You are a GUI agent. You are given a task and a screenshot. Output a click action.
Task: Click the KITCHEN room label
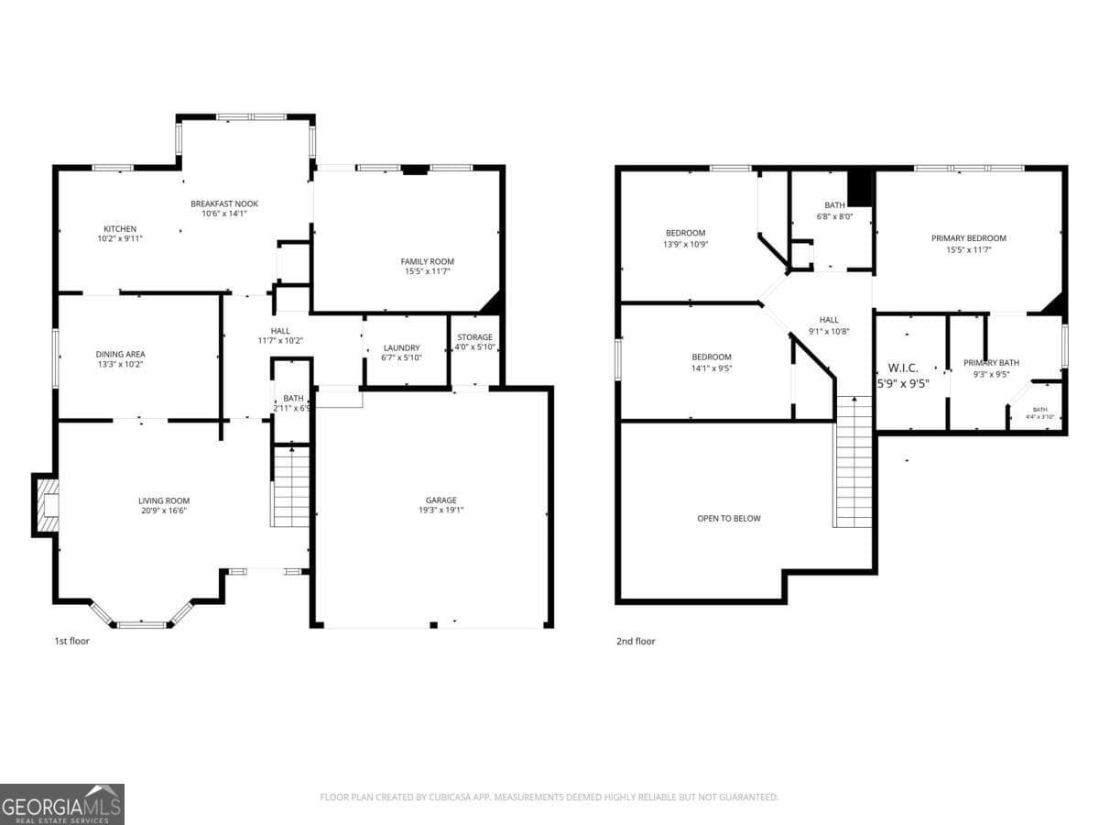[x=120, y=228]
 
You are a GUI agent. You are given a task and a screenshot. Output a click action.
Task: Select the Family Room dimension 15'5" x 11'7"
[x=427, y=271]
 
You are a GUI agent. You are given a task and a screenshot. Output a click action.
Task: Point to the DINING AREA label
[x=120, y=354]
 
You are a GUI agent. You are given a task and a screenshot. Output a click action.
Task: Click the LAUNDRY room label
[x=401, y=347]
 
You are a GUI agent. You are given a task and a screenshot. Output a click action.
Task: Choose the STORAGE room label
[x=474, y=337]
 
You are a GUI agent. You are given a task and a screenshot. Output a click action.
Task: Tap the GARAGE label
[x=441, y=500]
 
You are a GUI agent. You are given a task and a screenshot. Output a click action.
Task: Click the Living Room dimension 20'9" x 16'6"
[x=164, y=511]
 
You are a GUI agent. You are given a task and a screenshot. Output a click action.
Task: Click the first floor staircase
[x=291, y=486]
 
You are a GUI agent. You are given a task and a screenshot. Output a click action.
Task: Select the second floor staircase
[x=853, y=462]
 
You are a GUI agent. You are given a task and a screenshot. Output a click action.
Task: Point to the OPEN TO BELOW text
[x=729, y=518]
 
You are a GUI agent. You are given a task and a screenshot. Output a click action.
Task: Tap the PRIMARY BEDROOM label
[x=968, y=238]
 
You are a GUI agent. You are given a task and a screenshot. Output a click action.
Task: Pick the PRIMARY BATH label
[x=991, y=362]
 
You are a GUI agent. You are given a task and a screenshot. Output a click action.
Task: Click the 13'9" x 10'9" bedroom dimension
[x=685, y=244]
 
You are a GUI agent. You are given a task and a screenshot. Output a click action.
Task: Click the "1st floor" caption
[x=71, y=641]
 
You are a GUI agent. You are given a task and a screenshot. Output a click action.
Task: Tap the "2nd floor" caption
[x=636, y=642]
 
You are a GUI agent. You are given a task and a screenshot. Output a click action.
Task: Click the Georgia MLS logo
[x=62, y=804]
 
